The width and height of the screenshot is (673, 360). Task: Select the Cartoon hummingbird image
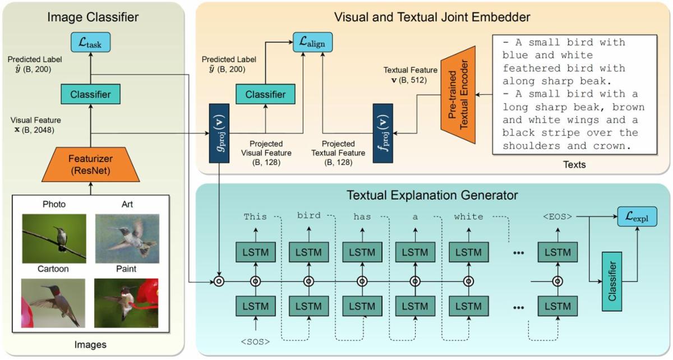pos(54,303)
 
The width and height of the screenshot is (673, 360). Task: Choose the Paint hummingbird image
pos(127,303)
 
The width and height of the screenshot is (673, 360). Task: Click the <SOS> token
pos(256,341)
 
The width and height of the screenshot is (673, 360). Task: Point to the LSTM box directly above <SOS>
pos(256,306)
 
